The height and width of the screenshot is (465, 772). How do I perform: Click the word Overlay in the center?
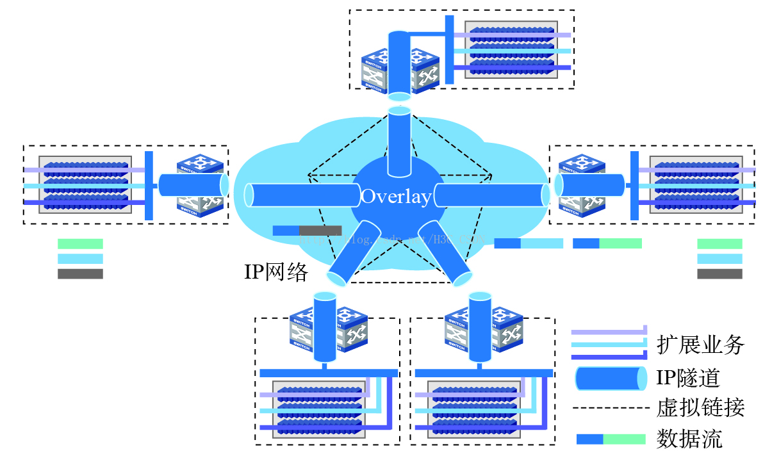[x=395, y=197]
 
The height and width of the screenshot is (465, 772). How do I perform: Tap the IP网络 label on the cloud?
[x=276, y=272]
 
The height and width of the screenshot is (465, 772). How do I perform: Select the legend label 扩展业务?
[x=700, y=345]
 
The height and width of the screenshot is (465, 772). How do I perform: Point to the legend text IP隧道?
[x=688, y=378]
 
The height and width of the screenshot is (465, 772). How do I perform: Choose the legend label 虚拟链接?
[x=700, y=407]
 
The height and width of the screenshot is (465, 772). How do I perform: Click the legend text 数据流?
[x=689, y=439]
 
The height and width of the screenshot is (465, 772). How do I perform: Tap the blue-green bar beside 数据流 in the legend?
[x=611, y=439]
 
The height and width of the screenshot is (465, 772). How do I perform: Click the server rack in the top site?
[x=511, y=49]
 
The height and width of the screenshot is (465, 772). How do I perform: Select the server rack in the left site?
[x=85, y=184]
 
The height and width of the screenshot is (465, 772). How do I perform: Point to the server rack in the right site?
[x=696, y=184]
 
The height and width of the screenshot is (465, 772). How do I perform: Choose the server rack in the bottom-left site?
[x=319, y=410]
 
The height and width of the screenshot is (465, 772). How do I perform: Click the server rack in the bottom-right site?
[x=474, y=410]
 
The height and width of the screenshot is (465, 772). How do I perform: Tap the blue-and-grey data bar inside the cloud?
[x=307, y=231]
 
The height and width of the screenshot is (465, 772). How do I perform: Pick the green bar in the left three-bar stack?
[x=80, y=244]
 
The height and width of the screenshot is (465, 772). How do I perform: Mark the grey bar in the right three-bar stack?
[x=719, y=274]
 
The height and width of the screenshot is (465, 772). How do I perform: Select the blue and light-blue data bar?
[x=529, y=243]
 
